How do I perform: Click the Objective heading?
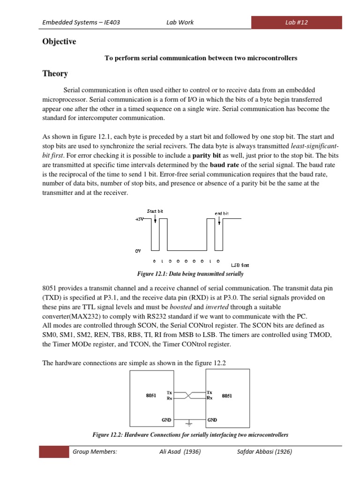pyautogui.click(x=59, y=42)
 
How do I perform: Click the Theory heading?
pyautogui.click(x=55, y=74)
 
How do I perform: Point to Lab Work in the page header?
pyautogui.click(x=180, y=22)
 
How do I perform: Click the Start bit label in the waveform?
pyautogui.click(x=155, y=211)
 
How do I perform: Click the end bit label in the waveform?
pyautogui.click(x=222, y=213)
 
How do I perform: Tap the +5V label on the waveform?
pyautogui.click(x=140, y=219)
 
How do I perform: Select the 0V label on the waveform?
pyautogui.click(x=138, y=251)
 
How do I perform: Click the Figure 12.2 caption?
pyautogui.click(x=190, y=435)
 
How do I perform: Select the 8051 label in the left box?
pyautogui.click(x=151, y=396)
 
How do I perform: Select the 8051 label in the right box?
pyautogui.click(x=227, y=396)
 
